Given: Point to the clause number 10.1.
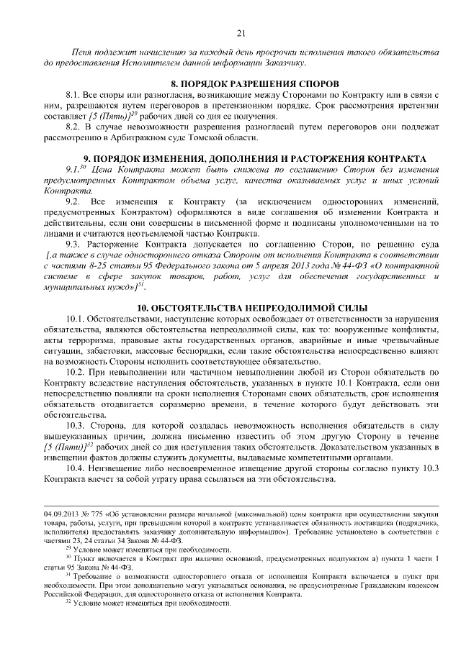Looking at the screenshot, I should coord(76,318).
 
